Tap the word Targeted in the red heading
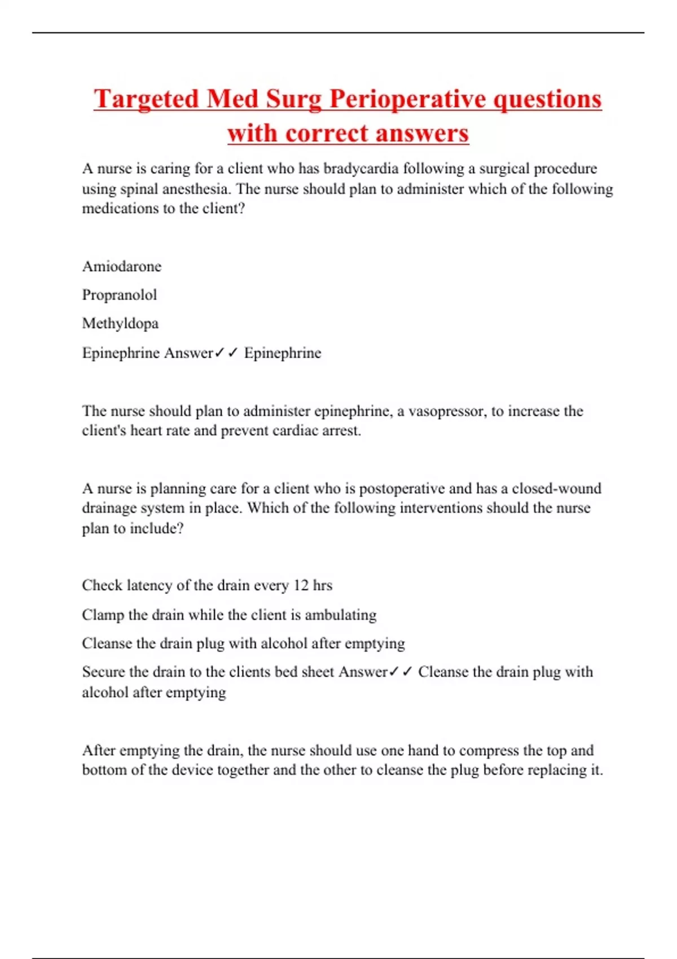(146, 99)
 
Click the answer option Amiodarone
(122, 266)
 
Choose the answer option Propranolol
(120, 295)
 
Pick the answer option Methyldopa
(120, 324)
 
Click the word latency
(150, 586)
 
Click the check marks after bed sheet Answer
(401, 672)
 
